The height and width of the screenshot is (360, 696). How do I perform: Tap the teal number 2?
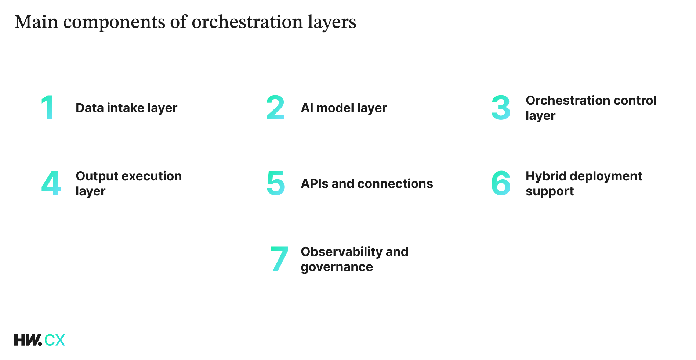pyautogui.click(x=275, y=107)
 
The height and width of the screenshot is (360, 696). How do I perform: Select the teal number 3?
pyautogui.click(x=501, y=107)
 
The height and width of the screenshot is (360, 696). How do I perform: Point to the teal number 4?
pyautogui.click(x=51, y=183)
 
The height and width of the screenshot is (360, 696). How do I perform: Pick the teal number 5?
pyautogui.click(x=276, y=183)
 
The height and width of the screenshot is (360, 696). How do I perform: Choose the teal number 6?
pyautogui.click(x=501, y=183)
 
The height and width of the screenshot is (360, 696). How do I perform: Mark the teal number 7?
pyautogui.click(x=279, y=259)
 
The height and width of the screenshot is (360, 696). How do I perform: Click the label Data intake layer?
pyautogui.click(x=126, y=108)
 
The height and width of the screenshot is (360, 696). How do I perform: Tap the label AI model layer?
pyautogui.click(x=344, y=108)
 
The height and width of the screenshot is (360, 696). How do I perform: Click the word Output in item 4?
pyautogui.click(x=97, y=176)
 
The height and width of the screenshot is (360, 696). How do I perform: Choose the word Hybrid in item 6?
pyautogui.click(x=546, y=176)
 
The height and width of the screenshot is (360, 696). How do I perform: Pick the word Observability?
pyautogui.click(x=341, y=252)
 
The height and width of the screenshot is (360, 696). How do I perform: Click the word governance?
pyautogui.click(x=337, y=267)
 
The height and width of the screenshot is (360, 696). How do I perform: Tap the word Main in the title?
pyautogui.click(x=36, y=22)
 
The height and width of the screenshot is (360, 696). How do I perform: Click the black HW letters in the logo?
pyautogui.click(x=28, y=340)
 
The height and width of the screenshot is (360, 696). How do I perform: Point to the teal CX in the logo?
pyautogui.click(x=55, y=340)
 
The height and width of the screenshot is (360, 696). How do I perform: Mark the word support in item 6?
pyautogui.click(x=550, y=192)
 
